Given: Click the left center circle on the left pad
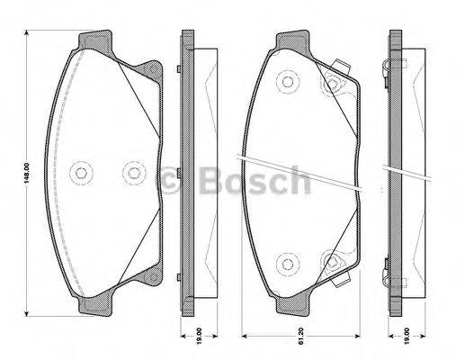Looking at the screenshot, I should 82,172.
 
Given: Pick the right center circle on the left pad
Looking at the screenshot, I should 132,172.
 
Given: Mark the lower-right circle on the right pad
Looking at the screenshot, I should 332,262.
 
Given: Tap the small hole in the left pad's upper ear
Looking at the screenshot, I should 153,70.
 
